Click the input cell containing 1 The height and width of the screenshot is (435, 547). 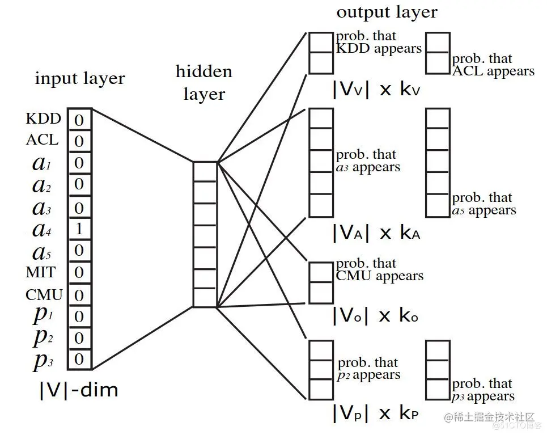click(x=79, y=229)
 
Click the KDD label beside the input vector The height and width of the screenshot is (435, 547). click(x=44, y=119)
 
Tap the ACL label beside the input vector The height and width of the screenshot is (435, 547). click(x=42, y=140)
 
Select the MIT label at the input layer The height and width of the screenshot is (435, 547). click(x=40, y=272)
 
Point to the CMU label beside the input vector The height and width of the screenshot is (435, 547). click(x=44, y=295)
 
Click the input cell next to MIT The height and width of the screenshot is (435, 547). click(x=79, y=272)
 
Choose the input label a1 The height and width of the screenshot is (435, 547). click(x=42, y=163)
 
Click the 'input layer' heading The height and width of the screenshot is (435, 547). click(x=80, y=79)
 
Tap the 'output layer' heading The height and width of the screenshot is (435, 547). click(x=387, y=12)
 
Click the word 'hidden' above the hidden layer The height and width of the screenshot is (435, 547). click(x=203, y=71)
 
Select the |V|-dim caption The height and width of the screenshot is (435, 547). click(x=79, y=390)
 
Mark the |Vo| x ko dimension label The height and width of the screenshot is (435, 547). click(x=376, y=315)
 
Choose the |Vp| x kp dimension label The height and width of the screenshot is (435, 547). click(x=376, y=413)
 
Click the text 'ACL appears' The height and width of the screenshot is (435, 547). click(x=493, y=71)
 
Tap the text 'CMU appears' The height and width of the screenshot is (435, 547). click(x=380, y=276)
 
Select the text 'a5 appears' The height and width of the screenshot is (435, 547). click(x=484, y=210)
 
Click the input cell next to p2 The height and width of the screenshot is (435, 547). click(x=79, y=338)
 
